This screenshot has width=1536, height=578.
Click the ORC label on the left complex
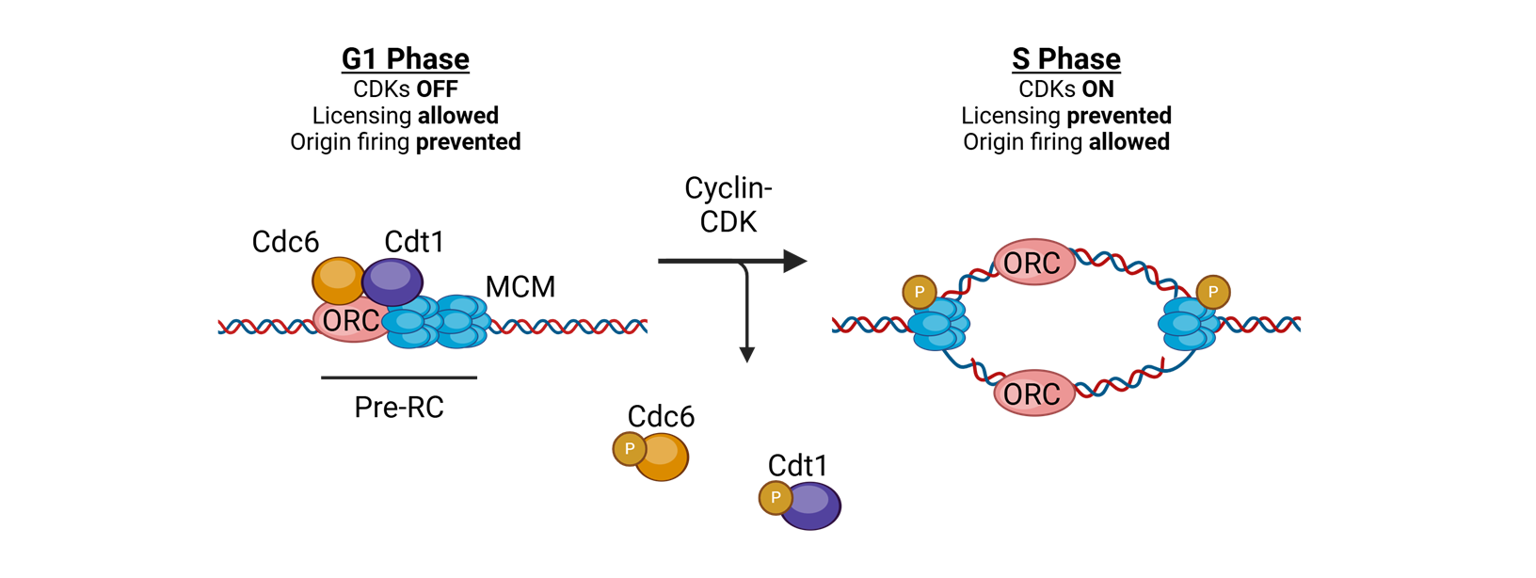tap(350, 322)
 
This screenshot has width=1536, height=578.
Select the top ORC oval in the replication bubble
tap(1033, 263)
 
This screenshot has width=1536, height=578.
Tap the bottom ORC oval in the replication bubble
tap(1033, 393)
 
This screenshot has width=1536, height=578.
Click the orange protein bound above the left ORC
tap(338, 279)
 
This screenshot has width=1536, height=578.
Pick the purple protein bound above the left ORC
tap(392, 281)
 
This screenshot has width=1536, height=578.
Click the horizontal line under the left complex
tap(399, 377)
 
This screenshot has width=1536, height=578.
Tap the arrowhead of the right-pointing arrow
tap(794, 261)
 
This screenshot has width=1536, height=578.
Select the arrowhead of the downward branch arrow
tap(746, 355)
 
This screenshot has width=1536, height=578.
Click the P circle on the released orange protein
tap(629, 449)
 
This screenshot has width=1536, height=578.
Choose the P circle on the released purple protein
tap(775, 498)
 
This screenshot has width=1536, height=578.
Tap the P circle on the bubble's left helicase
tap(919, 292)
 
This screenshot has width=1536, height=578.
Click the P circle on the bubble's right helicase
tap(1212, 292)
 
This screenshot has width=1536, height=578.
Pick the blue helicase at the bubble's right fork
tap(1189, 324)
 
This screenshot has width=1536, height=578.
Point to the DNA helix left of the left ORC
tap(264, 327)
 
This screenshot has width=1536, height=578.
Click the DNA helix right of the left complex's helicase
tap(569, 327)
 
